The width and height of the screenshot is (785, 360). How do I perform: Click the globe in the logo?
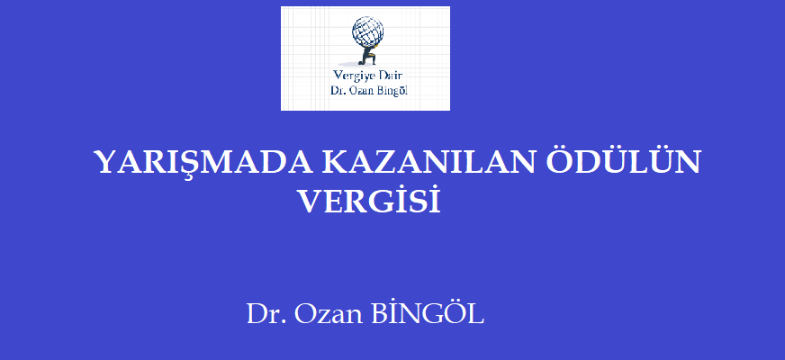click(x=367, y=31)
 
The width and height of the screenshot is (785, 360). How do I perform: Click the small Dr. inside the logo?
click(x=336, y=91)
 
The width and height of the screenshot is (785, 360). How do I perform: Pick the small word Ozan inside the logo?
click(x=357, y=91)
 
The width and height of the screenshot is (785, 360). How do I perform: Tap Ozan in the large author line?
click(x=328, y=314)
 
